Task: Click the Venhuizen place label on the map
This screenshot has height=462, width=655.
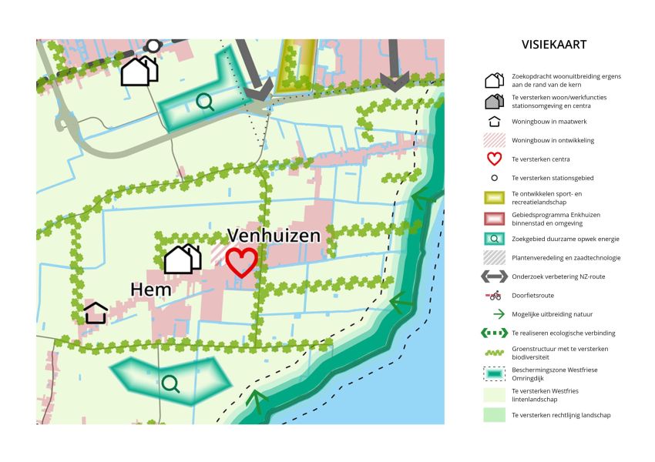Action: pyautogui.click(x=273, y=235)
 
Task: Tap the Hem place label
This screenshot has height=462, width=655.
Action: pyautogui.click(x=151, y=290)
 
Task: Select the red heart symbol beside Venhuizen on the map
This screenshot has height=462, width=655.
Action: pyautogui.click(x=241, y=262)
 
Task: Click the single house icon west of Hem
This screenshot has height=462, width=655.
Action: pyautogui.click(x=96, y=313)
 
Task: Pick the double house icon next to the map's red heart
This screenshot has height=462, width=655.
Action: pyautogui.click(x=183, y=259)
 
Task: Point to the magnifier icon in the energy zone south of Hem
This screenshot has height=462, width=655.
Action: pyautogui.click(x=170, y=383)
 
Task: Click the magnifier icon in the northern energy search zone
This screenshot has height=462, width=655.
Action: pyautogui.click(x=205, y=102)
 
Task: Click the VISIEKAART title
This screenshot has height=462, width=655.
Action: pyautogui.click(x=553, y=45)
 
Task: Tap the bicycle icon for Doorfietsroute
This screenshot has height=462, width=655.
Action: pyautogui.click(x=494, y=296)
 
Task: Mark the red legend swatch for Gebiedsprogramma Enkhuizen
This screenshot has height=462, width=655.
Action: pyautogui.click(x=494, y=219)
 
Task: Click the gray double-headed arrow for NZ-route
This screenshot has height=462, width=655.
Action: pyautogui.click(x=494, y=276)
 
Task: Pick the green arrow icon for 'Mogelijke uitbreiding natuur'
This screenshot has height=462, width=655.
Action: pyautogui.click(x=494, y=314)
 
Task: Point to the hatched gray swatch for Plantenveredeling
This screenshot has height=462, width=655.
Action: pyautogui.click(x=494, y=257)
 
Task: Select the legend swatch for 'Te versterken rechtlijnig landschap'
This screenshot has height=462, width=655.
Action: pyautogui.click(x=494, y=414)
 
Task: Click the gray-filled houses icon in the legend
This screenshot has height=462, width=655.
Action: pyautogui.click(x=494, y=102)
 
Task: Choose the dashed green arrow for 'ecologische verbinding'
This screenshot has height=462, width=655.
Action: pyautogui.click(x=494, y=333)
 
